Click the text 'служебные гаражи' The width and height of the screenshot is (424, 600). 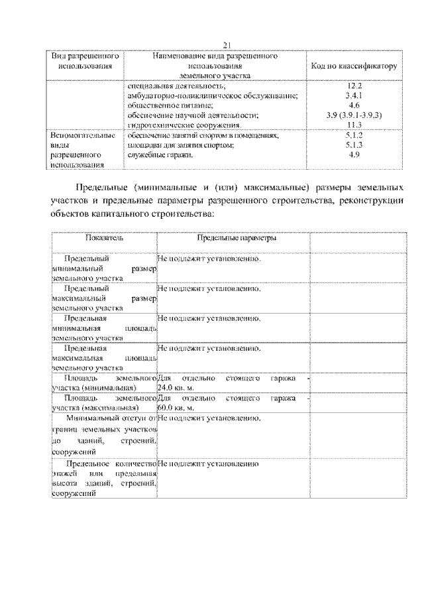click(x=160, y=154)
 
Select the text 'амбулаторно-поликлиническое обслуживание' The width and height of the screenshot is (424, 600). click(x=212, y=96)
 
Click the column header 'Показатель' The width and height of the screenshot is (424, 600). click(x=103, y=237)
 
